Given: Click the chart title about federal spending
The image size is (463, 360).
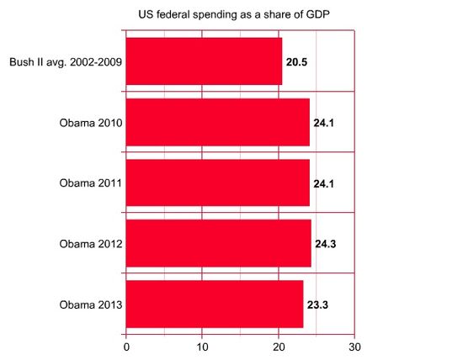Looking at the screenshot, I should point(233,15).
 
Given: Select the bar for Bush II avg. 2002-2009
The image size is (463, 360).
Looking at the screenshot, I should point(204,61).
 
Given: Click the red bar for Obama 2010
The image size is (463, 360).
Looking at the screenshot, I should point(217,123).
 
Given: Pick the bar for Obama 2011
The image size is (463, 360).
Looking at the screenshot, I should point(217,183).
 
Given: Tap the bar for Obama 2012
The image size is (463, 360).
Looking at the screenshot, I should point(218,243).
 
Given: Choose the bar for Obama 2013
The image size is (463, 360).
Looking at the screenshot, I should point(215,304).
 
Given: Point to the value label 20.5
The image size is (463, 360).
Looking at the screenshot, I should point(297,61).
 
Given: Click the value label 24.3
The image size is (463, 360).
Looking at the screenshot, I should point(327,243).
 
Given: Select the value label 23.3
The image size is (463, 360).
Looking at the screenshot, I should point(318,304).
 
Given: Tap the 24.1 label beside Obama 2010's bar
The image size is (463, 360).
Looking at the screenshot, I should point(325,123).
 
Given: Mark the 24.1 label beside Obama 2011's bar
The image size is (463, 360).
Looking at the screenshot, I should point(325,183).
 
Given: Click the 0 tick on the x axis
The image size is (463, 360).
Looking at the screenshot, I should point(126,346).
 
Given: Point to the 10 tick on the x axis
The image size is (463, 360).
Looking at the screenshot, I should point(202,346).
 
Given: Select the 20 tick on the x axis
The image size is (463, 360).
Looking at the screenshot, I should point(279,346).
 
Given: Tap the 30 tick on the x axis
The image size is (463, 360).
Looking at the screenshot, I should point(355,346).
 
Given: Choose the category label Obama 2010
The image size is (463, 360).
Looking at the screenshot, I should point(90,123).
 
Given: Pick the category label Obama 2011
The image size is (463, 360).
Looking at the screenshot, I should point(90,183).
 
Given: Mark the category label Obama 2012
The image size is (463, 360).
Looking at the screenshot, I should point(90,243).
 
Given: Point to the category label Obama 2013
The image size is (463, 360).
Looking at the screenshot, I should point(90,304).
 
